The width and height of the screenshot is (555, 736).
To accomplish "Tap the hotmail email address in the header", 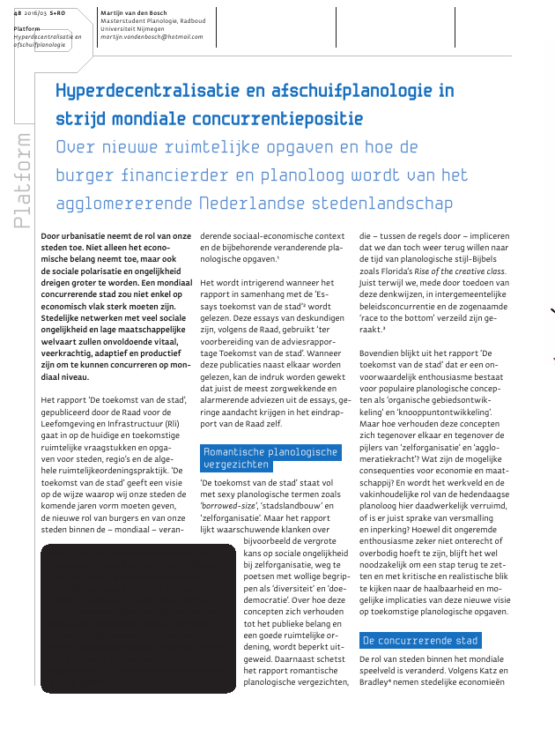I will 152,37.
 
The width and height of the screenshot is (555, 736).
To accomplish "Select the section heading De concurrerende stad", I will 420,640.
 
